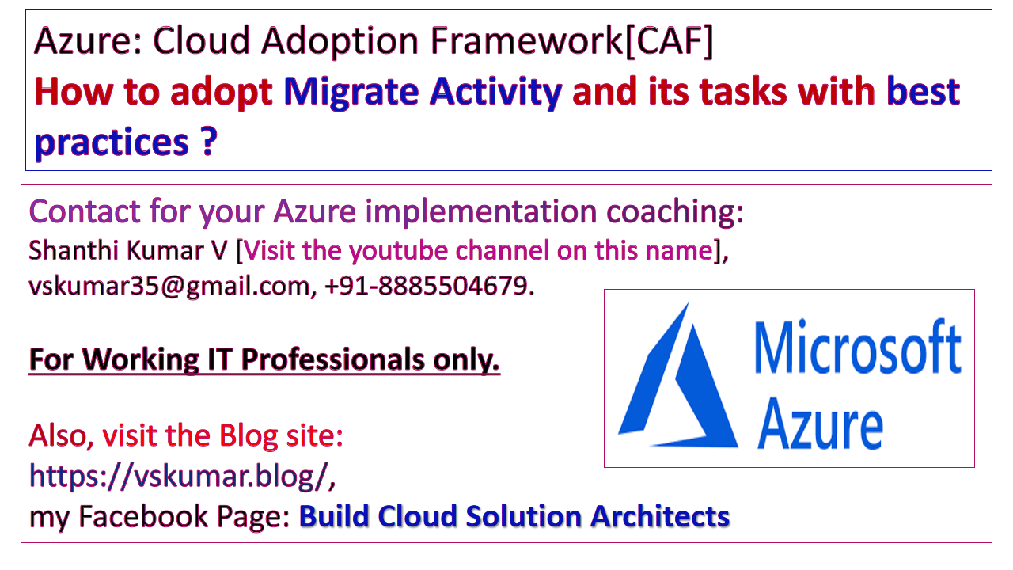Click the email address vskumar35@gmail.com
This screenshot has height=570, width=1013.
point(169,287)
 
